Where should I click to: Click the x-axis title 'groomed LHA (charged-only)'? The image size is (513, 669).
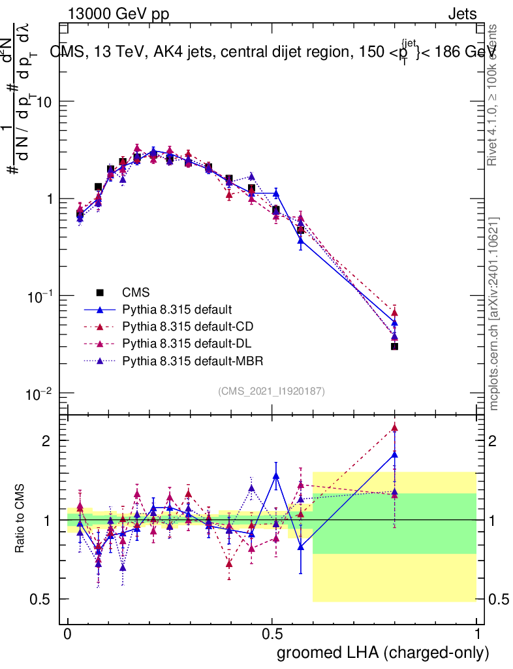[383, 653]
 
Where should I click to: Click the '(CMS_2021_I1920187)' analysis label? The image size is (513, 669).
[272, 391]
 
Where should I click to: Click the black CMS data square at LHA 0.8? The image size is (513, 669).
[394, 346]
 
